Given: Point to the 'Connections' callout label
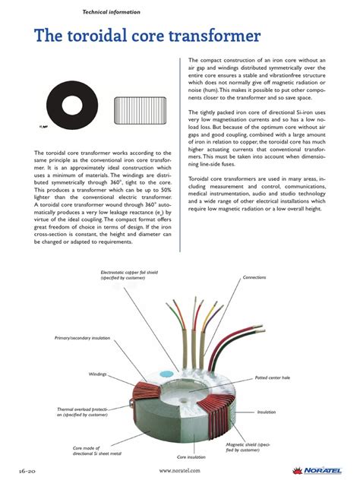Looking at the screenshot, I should click(254, 278).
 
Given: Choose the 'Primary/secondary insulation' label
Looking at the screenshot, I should click(82, 336).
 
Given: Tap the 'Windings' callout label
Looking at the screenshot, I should click(96, 374).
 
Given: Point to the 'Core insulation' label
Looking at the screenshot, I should click(191, 457).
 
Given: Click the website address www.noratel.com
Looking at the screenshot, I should click(180, 470).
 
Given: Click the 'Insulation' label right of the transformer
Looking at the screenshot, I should click(266, 412).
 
